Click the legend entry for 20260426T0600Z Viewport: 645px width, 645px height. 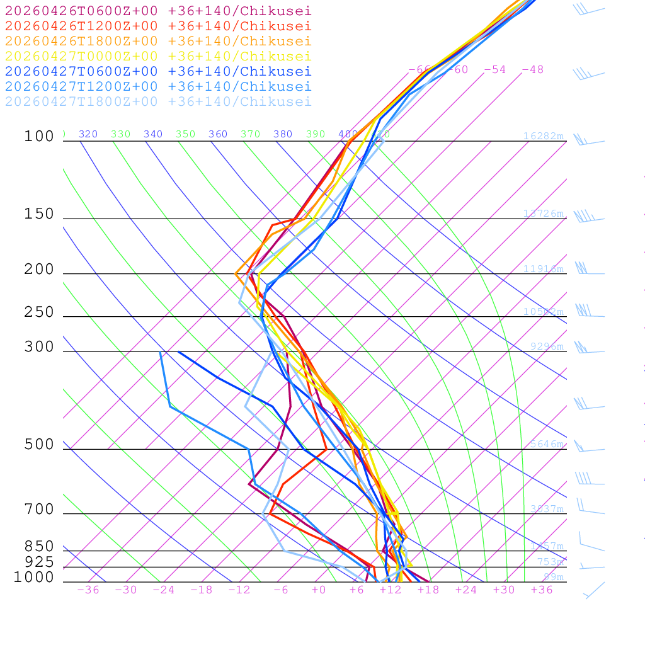click(158, 11)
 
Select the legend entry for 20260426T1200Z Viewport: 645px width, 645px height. click(158, 26)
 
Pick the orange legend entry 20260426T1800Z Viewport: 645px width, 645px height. click(158, 41)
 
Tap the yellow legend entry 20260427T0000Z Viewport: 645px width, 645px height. click(158, 56)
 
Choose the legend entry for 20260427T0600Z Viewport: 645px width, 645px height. click(158, 71)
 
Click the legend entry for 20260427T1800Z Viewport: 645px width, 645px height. click(158, 101)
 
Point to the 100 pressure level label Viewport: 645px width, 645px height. click(40, 137)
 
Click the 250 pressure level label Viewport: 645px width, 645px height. click(40, 312)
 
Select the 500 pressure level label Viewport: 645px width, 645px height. click(40, 445)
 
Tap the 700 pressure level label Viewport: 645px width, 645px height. click(40, 510)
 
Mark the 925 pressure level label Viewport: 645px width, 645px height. click(40, 562)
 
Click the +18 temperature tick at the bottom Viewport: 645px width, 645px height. click(428, 590)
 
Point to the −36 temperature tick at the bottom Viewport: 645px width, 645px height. click(88, 590)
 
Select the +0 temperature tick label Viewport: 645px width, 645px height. click(318, 590)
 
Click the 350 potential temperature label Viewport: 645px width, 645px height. click(186, 134)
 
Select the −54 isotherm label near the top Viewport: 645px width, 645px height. click(494, 69)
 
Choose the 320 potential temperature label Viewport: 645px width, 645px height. click(88, 134)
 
